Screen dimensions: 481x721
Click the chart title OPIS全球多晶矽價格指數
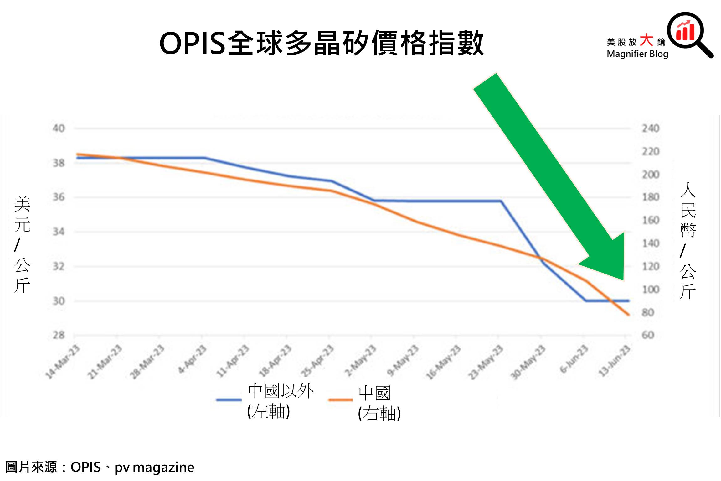(322, 43)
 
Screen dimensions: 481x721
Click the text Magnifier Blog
(637, 54)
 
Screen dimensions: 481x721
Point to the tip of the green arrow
(623, 280)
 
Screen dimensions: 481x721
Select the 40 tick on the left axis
(59, 128)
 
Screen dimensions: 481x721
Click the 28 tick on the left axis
(59, 335)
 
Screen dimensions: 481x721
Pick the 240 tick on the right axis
(651, 128)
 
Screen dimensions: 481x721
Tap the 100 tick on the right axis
(651, 289)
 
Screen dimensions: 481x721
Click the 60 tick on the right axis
(648, 335)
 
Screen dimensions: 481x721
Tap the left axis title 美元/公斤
(22, 244)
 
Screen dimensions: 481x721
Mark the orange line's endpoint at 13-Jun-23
(629, 315)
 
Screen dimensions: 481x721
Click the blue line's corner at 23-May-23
(501, 201)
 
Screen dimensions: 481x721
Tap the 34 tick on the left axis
(59, 232)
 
